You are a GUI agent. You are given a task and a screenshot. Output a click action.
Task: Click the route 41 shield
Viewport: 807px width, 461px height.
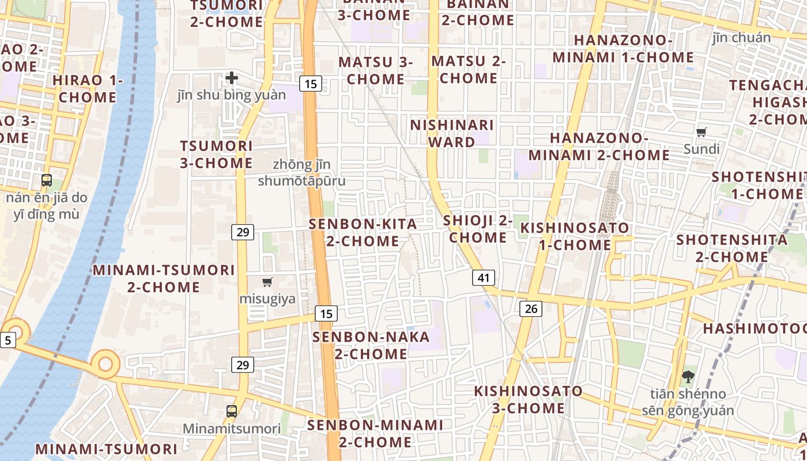point(484,278)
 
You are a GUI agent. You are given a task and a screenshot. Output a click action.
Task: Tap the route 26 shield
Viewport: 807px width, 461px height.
point(531,309)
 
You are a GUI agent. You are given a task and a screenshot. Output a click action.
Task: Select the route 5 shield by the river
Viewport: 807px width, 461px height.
point(7,340)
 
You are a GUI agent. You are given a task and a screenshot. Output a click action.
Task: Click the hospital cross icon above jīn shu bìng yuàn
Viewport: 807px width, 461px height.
point(232,77)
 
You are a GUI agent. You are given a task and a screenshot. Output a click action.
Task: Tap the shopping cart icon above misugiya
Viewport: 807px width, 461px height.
point(267,282)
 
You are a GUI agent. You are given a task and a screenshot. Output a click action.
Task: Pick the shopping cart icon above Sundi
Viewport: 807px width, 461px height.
point(702,133)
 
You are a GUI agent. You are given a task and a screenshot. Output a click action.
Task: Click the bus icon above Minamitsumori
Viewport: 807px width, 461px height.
point(232,411)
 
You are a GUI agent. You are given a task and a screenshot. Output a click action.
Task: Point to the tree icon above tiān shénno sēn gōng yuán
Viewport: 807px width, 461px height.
point(688,377)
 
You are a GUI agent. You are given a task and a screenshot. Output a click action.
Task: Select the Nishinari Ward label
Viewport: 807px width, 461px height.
point(452,133)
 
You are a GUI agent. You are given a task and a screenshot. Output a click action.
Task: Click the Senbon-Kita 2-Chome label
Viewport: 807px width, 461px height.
point(363,232)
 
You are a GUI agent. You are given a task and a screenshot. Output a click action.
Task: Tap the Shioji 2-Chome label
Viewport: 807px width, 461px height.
point(478,229)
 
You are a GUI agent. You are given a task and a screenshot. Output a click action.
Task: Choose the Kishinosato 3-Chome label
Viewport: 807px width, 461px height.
point(528,399)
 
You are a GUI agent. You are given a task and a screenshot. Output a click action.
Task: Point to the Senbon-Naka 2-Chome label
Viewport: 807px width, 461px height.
point(371,345)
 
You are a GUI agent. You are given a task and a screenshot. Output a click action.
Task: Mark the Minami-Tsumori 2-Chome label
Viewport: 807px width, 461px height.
point(164,278)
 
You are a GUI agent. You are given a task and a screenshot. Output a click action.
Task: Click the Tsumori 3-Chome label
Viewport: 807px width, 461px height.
point(216,154)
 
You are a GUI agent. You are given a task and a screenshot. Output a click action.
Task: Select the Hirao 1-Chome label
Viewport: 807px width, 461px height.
point(88,89)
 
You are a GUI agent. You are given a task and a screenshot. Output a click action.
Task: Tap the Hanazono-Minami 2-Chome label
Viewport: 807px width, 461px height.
point(599,146)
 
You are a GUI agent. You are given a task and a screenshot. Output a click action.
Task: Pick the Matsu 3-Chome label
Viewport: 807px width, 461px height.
point(376,70)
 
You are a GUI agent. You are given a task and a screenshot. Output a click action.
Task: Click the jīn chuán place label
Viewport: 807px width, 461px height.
point(741,38)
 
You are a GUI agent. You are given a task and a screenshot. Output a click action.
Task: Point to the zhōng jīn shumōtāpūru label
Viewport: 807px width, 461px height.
point(302,173)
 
